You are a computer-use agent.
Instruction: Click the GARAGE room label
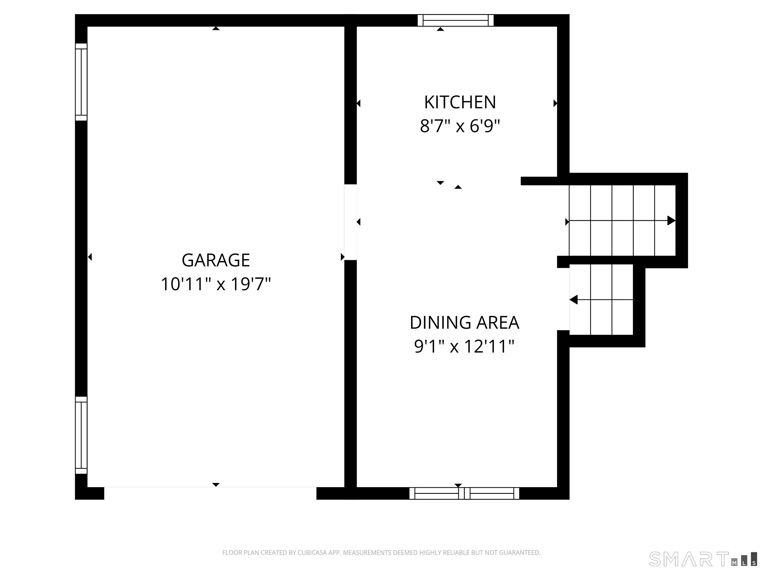point(216,260)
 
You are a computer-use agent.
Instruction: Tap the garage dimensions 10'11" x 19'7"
point(216,285)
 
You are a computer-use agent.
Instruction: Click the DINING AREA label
point(464,322)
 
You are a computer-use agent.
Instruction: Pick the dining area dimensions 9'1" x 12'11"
point(464,347)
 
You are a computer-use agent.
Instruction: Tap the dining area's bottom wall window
point(464,493)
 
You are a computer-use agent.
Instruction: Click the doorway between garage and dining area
point(350,222)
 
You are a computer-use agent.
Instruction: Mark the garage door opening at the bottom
point(210,493)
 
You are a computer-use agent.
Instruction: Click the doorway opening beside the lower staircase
point(563,299)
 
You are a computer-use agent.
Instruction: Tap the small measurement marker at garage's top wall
point(216,29)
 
